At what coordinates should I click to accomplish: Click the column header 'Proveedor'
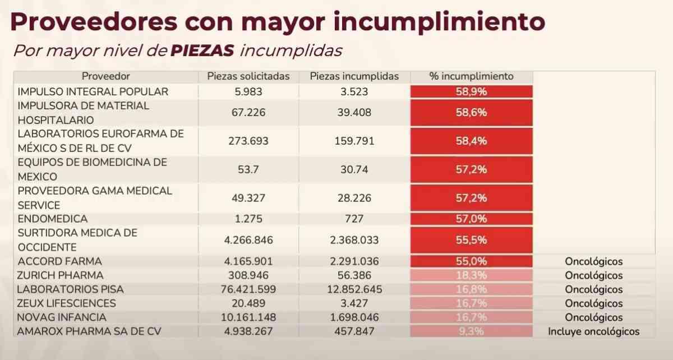[x=106, y=76]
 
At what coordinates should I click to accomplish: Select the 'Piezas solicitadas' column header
[x=248, y=76]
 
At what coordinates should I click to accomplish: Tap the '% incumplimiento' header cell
[x=471, y=76]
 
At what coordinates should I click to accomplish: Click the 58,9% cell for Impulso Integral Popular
[x=471, y=91]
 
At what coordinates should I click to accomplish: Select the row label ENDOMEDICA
[x=53, y=219]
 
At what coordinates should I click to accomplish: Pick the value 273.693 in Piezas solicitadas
[x=248, y=141]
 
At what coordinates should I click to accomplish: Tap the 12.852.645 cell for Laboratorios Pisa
[x=354, y=289]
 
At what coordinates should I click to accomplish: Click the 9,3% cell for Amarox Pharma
[x=471, y=331]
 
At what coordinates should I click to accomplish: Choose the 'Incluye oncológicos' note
[x=593, y=331]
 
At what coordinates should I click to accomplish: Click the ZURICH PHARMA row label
[x=61, y=275]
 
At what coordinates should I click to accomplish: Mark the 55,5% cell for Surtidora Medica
[x=471, y=240]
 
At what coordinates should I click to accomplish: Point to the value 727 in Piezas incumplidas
[x=354, y=219]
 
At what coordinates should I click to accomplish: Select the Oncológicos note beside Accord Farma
[x=593, y=261]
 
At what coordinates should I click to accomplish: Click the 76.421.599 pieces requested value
[x=248, y=289]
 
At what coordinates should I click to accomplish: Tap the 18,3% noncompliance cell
[x=471, y=275]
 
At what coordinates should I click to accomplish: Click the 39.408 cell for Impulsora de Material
[x=354, y=113]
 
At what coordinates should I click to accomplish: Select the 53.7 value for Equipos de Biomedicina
[x=248, y=169]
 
